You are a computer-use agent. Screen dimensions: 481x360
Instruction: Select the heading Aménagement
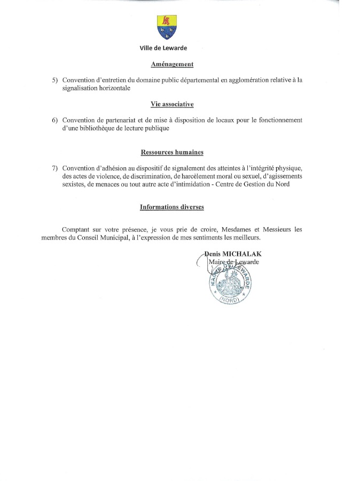pyautogui.click(x=172, y=64)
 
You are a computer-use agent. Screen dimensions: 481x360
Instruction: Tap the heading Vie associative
pyautogui.click(x=172, y=104)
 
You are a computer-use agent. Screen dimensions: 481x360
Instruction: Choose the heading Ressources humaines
pyautogui.click(x=172, y=152)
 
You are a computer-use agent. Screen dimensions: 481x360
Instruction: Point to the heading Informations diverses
pyautogui.click(x=172, y=207)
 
